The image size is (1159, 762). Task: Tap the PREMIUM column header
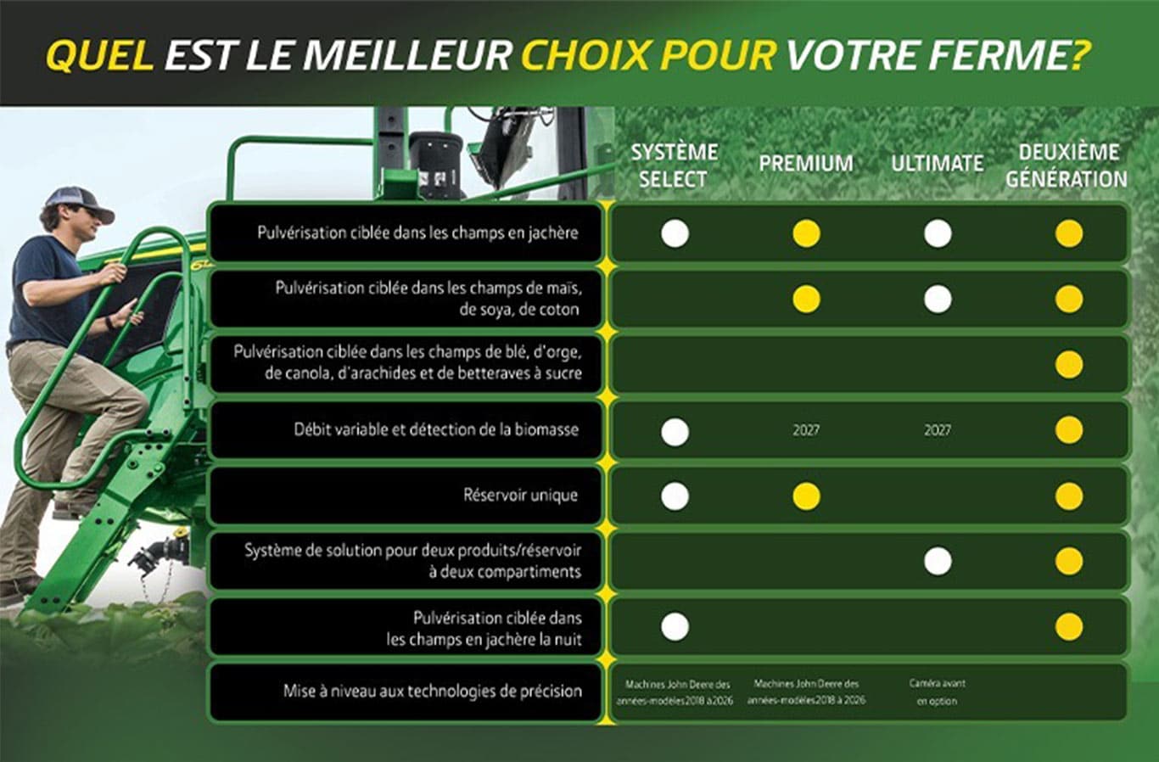(805, 163)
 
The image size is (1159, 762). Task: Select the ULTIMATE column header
(937, 163)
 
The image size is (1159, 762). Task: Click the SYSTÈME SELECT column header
(674, 165)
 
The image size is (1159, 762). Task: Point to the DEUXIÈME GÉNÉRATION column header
(1067, 165)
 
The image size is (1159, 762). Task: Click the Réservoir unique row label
(520, 495)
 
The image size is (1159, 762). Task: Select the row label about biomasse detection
(436, 429)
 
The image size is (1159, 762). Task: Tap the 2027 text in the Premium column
(806, 430)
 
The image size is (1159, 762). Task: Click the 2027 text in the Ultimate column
(938, 430)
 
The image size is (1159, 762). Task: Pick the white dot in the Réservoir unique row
(675, 496)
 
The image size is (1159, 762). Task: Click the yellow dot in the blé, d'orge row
(1068, 365)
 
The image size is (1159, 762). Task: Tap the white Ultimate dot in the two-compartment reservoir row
(938, 561)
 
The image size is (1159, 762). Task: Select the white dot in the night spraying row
(675, 627)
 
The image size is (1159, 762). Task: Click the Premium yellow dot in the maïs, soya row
(806, 299)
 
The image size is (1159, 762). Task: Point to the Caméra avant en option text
(937, 692)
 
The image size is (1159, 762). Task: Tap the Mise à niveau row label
(433, 691)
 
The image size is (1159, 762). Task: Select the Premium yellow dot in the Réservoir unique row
(806, 496)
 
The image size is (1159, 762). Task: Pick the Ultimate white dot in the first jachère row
(938, 233)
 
